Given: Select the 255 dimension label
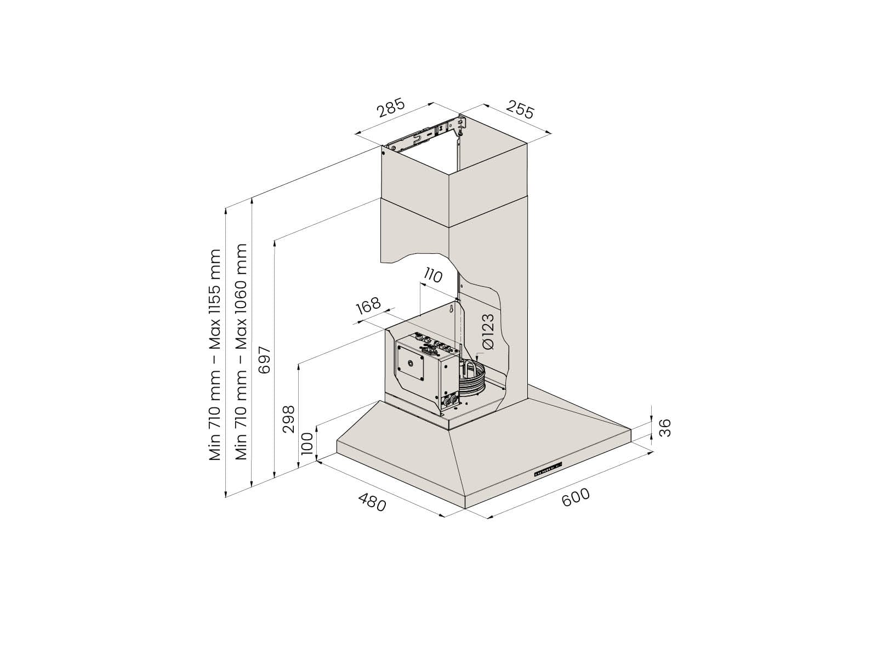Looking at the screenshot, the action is click(520, 110).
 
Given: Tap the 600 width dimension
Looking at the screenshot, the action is click(576, 497).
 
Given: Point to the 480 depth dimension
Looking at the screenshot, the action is click(372, 503).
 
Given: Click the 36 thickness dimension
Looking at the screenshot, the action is click(665, 428).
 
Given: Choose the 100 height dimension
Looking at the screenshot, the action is click(307, 444).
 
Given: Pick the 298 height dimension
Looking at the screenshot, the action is click(288, 419).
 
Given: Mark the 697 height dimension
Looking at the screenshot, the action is click(265, 360).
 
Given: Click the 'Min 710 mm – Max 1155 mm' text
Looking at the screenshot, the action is click(215, 355).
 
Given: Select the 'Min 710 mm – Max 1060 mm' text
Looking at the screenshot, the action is click(241, 351).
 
